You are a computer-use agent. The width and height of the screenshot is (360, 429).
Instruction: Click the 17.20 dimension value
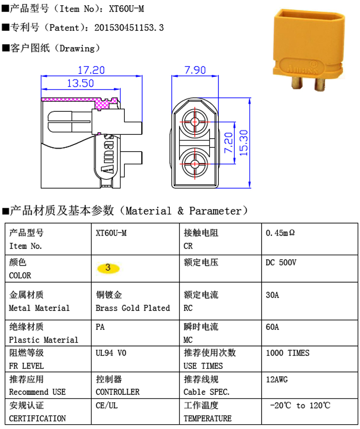coord(91,70)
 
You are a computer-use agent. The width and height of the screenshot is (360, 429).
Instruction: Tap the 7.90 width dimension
coord(195,70)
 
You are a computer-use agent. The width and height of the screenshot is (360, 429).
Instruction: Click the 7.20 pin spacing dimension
coord(229,143)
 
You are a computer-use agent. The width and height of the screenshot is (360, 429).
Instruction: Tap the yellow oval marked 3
coord(108,268)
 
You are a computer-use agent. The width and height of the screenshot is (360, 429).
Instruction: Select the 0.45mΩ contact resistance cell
coord(280,233)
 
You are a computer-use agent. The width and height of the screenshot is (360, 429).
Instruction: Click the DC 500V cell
coord(281,262)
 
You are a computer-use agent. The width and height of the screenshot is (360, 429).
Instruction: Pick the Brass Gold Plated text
coord(132,308)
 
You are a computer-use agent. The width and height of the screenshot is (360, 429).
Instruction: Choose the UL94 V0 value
coord(111,353)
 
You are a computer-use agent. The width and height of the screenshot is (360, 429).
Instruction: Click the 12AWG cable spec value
coord(276,379)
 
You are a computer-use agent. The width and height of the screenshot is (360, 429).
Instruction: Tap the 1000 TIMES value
coord(288,353)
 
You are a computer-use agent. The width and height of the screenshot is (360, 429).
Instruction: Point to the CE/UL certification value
coord(107,405)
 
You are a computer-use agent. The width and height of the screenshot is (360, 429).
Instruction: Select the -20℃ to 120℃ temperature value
coord(300,405)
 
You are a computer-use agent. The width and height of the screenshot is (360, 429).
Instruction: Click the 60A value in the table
coord(272,327)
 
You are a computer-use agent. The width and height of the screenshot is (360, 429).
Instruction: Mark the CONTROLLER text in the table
coord(118,392)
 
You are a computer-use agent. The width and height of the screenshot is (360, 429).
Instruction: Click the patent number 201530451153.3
coord(129,28)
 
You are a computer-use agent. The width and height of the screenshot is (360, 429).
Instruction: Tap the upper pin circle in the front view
coord(195,121)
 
